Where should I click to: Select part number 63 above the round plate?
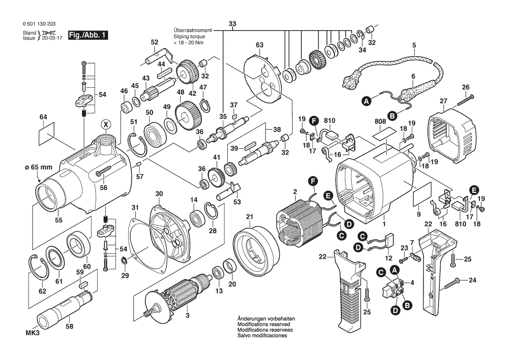(260, 45)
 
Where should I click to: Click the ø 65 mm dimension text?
(38, 167)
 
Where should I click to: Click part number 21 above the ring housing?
(249, 217)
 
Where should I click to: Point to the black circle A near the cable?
(367, 101)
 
